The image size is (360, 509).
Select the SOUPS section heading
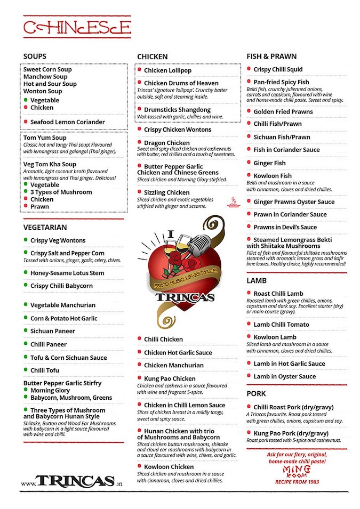[35, 56]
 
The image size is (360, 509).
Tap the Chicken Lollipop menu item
[167, 70]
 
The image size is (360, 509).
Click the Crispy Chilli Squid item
[278, 69]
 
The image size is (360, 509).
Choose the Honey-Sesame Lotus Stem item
[67, 273]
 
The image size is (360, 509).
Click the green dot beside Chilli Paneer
[26, 344]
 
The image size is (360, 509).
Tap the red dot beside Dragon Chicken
[139, 143]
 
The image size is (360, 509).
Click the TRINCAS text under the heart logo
[185, 296]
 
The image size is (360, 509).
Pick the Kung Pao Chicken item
[170, 378]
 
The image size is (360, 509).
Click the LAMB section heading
[257, 280]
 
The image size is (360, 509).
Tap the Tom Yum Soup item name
[45, 138]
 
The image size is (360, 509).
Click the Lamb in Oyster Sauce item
[285, 376]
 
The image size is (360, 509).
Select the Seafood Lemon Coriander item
[67, 122]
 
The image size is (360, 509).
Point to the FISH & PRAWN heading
[271, 56]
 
